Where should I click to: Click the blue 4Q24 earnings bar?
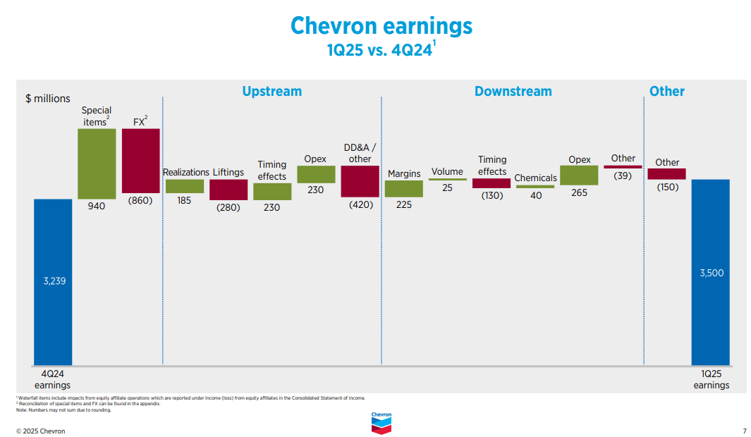(53, 282)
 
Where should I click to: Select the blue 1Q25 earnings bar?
(710, 272)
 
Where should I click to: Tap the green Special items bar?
(97, 164)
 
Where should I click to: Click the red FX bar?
(140, 161)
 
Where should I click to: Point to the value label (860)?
(140, 200)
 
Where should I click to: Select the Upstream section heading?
(271, 91)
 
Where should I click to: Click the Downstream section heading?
(513, 91)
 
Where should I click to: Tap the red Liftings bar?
(228, 190)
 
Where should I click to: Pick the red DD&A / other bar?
(360, 181)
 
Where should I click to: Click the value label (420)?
(360, 204)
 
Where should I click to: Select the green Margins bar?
(404, 188)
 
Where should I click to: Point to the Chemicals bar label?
(535, 178)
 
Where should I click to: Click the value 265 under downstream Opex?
(579, 192)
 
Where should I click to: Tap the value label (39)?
(623, 176)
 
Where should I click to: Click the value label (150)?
(667, 187)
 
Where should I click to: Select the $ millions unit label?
(48, 99)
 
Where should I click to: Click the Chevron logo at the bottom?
(381, 422)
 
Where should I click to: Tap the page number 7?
(744, 431)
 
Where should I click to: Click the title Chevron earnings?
(381, 26)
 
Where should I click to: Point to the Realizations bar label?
(186, 172)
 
